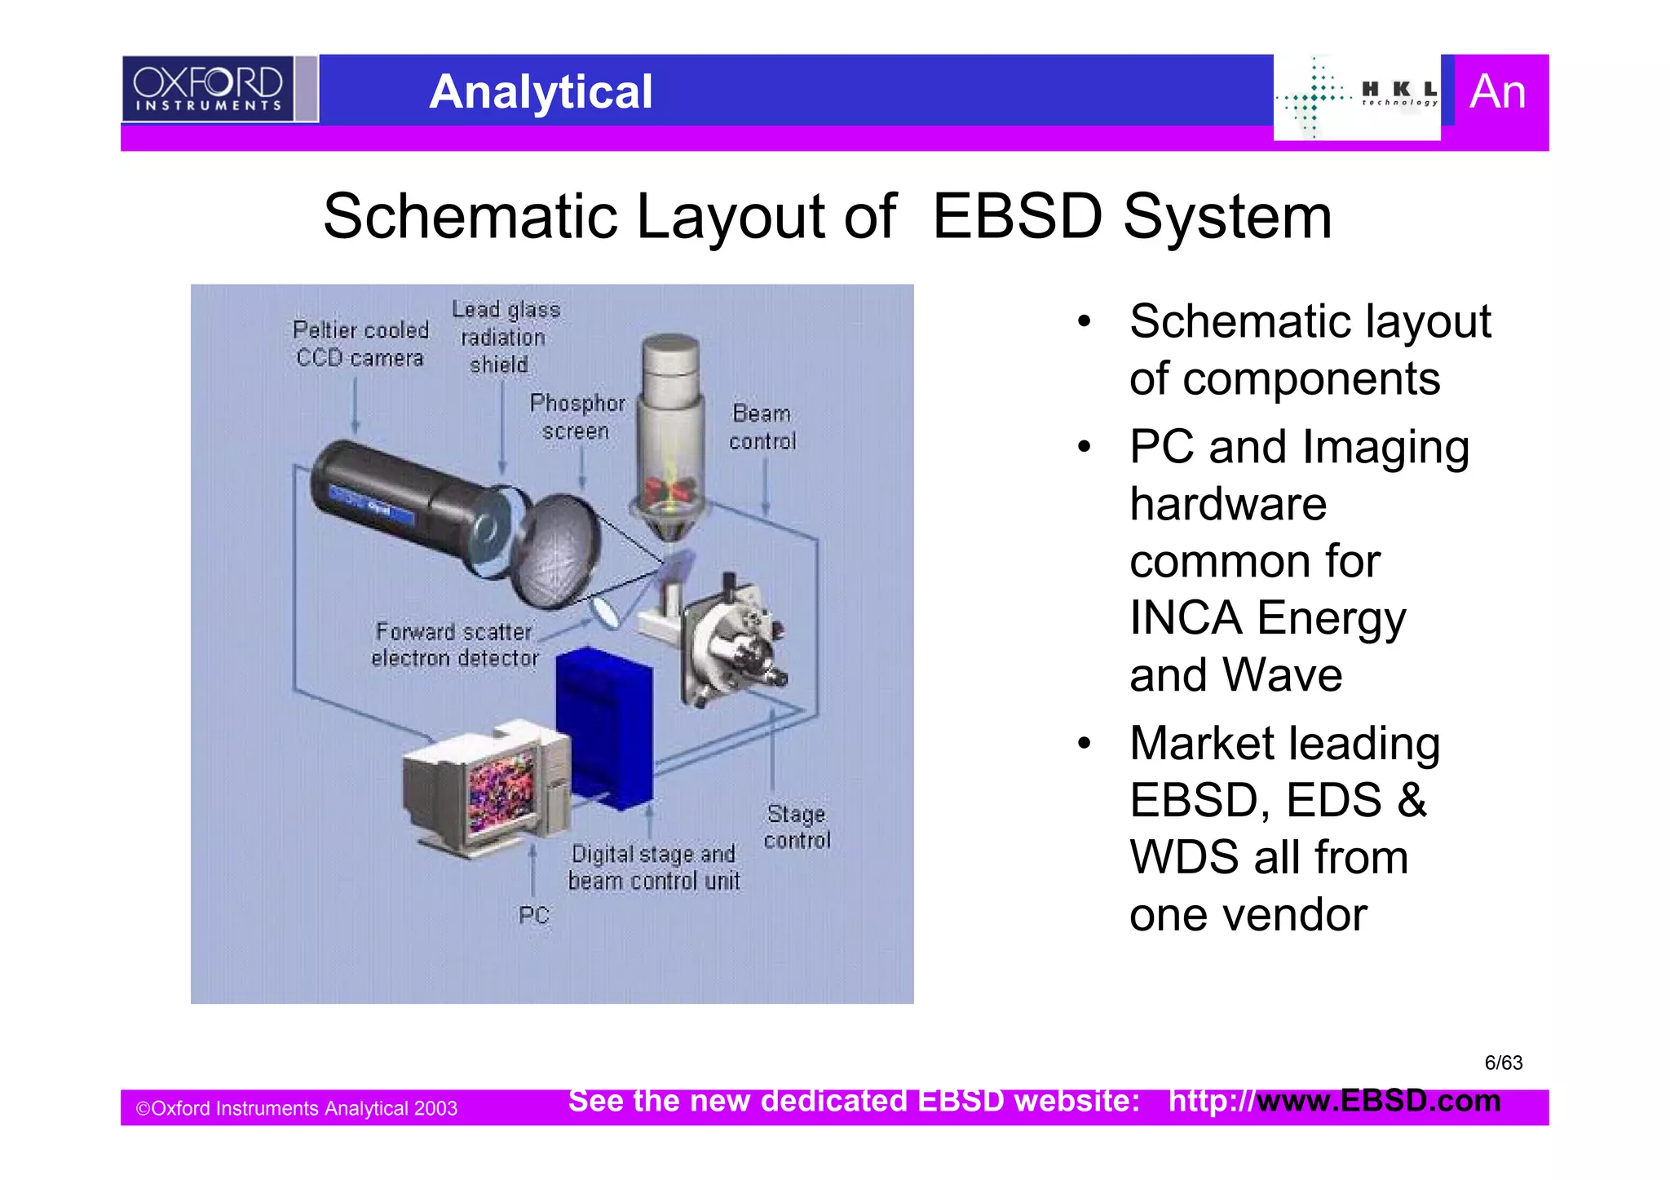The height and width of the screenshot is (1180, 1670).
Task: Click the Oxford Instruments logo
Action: (x=208, y=88)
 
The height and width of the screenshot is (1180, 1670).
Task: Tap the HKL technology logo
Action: (x=1357, y=97)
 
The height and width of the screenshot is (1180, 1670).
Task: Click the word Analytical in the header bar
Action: (x=541, y=91)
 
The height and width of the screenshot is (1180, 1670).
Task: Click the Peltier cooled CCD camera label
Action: (x=360, y=344)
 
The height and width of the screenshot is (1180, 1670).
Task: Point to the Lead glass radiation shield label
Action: (x=505, y=337)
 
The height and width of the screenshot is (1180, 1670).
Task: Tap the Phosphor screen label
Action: (x=577, y=417)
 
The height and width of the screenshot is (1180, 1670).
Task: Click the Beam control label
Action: (x=762, y=427)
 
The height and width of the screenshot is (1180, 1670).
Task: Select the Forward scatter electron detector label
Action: (x=454, y=644)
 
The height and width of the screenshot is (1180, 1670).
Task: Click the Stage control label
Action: (x=797, y=827)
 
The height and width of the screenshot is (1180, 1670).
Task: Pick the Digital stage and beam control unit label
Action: (x=654, y=868)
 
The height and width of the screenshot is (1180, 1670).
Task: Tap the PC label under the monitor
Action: (x=533, y=915)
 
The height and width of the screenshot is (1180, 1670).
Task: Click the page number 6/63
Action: (x=1503, y=1063)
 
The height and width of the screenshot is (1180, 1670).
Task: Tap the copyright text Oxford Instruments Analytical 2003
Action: (x=296, y=1108)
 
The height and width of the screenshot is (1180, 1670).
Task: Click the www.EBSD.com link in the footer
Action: (x=1378, y=1101)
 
